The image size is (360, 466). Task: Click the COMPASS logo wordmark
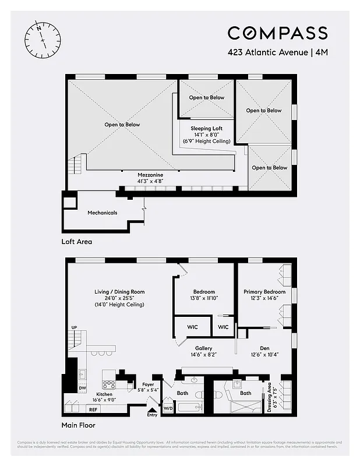(277, 33)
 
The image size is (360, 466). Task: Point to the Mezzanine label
(150, 175)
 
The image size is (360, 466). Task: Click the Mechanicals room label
(102, 213)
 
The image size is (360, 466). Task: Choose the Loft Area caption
(77, 241)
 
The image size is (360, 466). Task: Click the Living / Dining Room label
(119, 292)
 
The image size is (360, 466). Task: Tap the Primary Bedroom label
(264, 292)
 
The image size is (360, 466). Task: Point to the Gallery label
(204, 348)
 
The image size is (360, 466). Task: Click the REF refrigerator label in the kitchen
(93, 409)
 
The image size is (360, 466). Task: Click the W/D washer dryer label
(168, 408)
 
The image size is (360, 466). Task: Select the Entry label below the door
(152, 415)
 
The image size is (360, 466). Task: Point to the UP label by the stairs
(75, 327)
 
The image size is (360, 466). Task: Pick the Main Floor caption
(78, 426)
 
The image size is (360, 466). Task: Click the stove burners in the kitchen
(108, 384)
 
